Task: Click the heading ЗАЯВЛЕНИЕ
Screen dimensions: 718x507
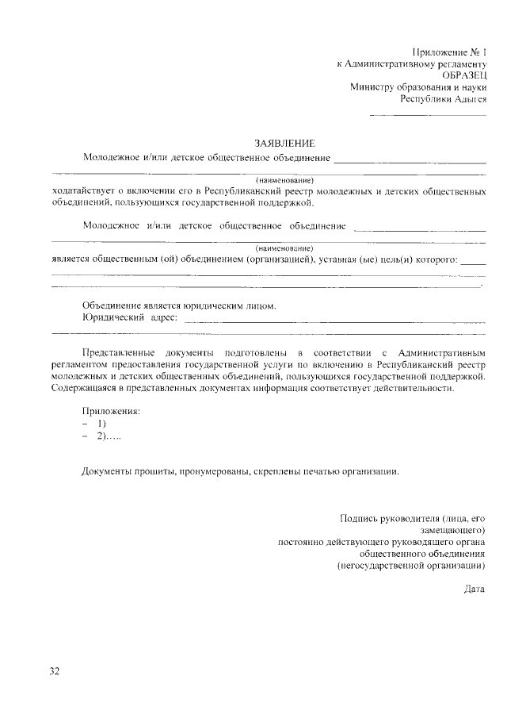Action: [284, 144]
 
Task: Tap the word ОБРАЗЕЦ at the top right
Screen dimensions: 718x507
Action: [464, 75]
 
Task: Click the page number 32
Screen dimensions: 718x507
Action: [55, 671]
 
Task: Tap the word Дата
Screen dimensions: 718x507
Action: [475, 589]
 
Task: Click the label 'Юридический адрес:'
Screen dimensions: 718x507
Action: [130, 317]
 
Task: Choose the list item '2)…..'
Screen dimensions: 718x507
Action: [109, 436]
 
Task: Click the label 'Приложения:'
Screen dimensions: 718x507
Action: [111, 411]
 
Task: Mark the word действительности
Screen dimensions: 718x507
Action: [410, 389]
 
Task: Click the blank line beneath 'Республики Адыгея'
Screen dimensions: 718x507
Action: [428, 116]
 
